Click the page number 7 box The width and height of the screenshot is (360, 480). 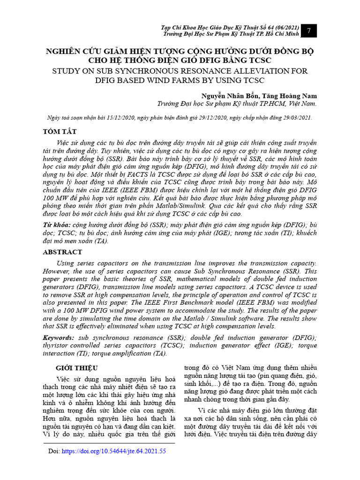309,30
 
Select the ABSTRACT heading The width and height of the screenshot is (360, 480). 62,252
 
